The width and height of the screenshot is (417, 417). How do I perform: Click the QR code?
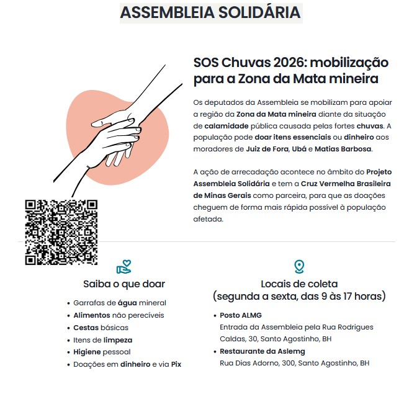[x=61, y=232]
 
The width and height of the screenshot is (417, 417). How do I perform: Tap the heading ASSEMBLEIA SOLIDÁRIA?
[x=210, y=12]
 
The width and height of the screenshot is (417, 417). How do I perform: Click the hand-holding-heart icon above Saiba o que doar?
[x=124, y=267]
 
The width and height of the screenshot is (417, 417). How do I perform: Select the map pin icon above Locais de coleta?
[x=299, y=267]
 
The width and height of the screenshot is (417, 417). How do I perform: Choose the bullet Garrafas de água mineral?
[x=120, y=303]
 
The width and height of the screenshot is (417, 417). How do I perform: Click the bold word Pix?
[x=176, y=364]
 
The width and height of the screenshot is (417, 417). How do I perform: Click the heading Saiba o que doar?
[x=124, y=284]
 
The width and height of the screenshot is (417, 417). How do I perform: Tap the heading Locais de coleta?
[x=299, y=284]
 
